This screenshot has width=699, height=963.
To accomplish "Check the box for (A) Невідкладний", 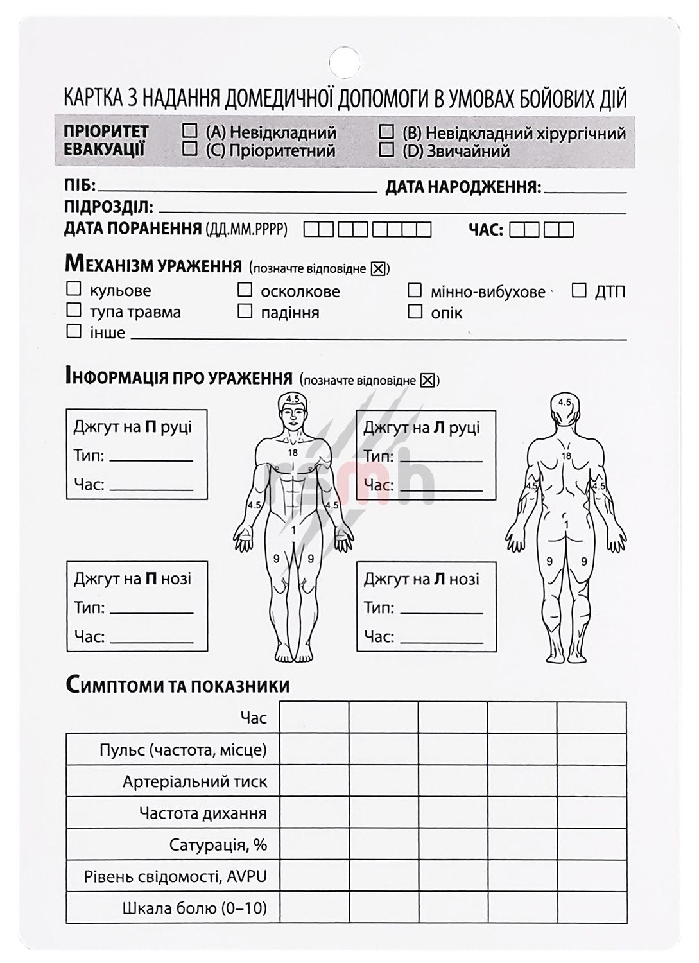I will coord(190,131).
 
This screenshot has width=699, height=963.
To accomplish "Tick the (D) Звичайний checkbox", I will coord(386,150).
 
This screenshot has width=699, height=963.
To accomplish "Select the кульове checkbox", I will coord(74,290).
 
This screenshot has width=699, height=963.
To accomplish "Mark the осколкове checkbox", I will coord(245,290).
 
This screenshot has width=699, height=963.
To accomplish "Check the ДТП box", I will coord(579,291).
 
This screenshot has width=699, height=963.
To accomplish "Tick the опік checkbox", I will coord(415,312).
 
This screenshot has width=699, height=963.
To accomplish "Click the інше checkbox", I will coord(74,332).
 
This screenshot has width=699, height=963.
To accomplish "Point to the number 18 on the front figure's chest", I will coord(293,453).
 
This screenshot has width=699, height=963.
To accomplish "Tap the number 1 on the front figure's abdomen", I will coord(293,530).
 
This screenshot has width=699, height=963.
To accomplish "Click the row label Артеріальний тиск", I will coord(194,781).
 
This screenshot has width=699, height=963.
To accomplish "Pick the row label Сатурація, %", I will coord(218,844).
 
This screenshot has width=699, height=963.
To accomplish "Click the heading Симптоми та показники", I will coord(177,685).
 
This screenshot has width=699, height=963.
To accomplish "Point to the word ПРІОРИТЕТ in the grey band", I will coord(107,132).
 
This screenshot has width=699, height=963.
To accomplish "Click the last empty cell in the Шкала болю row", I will coord(591,908).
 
